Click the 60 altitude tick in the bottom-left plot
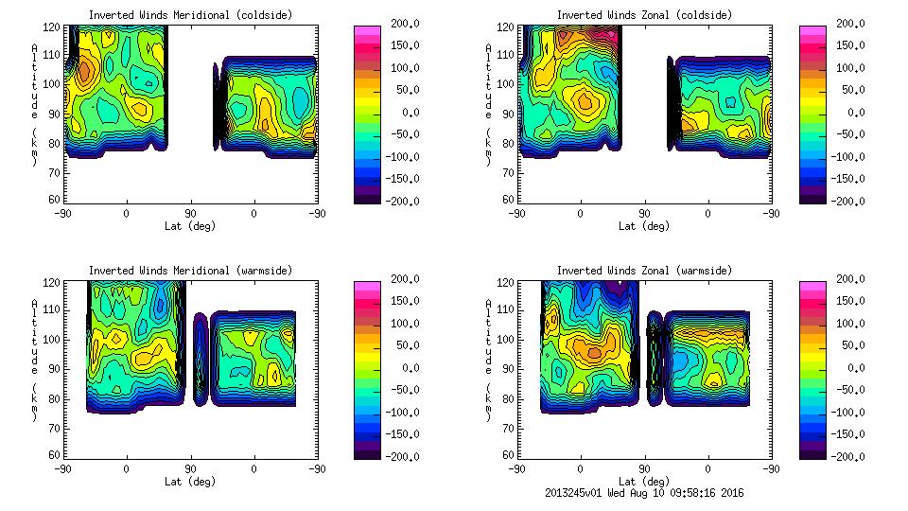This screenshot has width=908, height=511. pyautogui.click(x=55, y=455)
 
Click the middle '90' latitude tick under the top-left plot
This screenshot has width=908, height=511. pyautogui.click(x=190, y=214)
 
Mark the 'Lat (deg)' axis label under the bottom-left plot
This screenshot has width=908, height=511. pyautogui.click(x=191, y=482)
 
